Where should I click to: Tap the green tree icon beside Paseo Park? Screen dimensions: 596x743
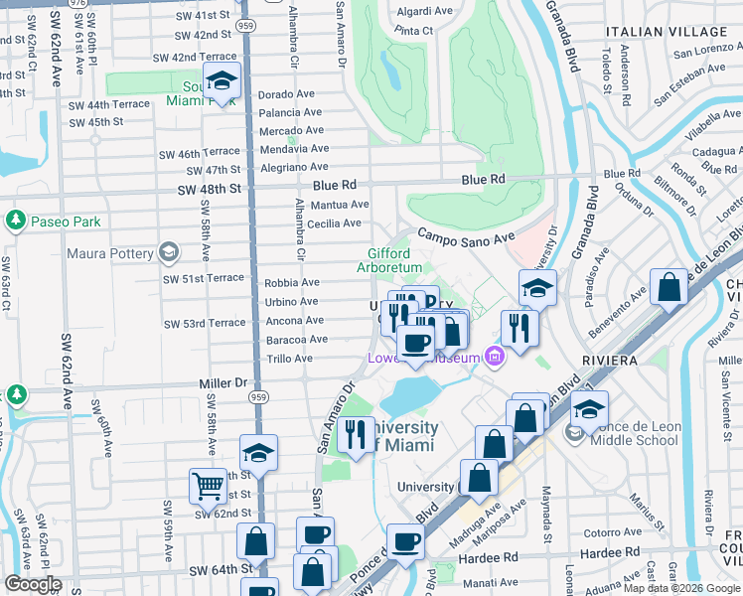pos(16,220)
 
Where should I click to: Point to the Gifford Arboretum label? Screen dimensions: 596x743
pos(395,260)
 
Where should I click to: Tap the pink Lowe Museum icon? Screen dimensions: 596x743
pos(493,357)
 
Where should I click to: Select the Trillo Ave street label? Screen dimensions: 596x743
pos(291,359)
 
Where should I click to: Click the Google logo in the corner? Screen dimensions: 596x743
pos(32,584)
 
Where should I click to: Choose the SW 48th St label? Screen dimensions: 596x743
pos(210,189)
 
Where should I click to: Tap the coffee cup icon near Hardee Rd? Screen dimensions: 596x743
pos(405,542)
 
